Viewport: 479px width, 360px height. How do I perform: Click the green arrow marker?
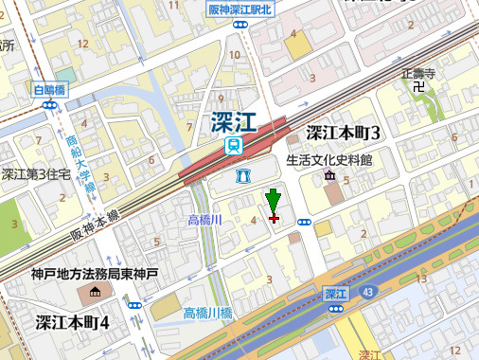pos(274,202)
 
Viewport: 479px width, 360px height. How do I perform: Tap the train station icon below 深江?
pos(234,145)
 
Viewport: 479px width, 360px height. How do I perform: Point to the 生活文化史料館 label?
pos(329,160)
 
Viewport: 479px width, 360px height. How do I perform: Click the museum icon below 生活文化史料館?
pos(329,176)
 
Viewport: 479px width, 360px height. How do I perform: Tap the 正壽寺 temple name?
pos(417,72)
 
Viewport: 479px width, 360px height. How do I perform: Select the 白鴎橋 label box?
pos(48,90)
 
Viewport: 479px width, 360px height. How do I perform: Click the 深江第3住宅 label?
pos(35,174)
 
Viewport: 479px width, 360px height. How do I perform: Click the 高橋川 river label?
pos(204,220)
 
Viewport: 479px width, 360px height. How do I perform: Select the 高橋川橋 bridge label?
pos(207,313)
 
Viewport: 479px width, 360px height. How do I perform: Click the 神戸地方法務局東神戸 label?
pos(94,275)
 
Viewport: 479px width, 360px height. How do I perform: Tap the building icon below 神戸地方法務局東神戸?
pos(94,291)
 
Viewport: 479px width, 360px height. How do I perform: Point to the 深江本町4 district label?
pos(73,322)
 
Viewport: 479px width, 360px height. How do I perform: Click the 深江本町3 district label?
pos(343,132)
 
